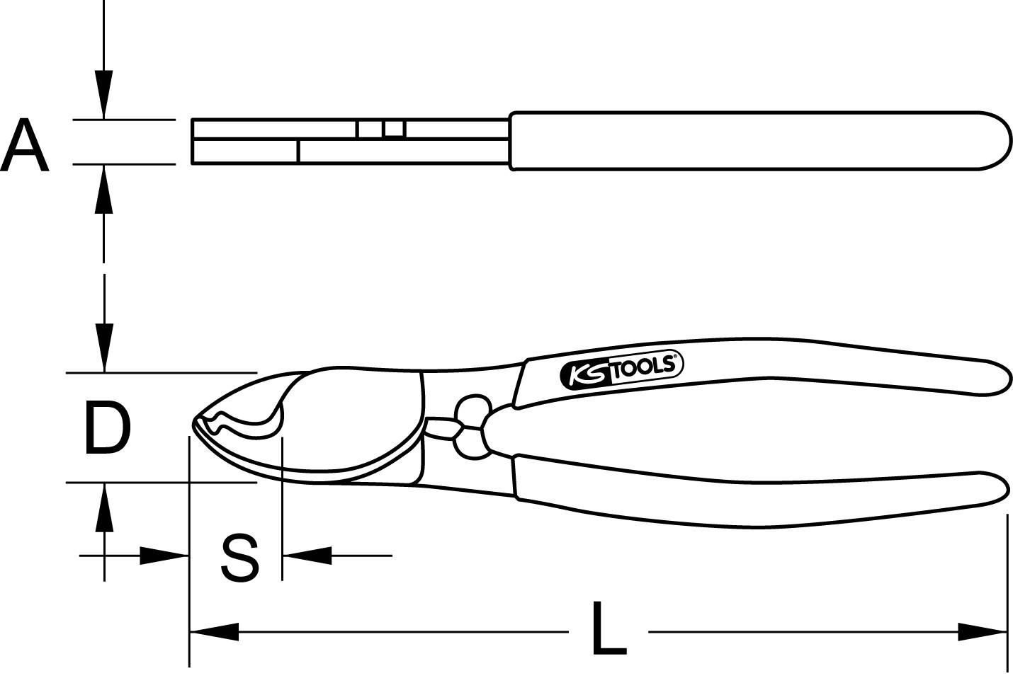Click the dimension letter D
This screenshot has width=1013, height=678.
click(107, 427)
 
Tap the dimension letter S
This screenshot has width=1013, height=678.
click(239, 558)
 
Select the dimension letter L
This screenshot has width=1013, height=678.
click(609, 629)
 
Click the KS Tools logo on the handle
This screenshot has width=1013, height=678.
click(621, 371)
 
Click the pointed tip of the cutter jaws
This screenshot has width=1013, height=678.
click(194, 425)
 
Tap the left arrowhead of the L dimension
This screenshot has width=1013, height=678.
click(213, 631)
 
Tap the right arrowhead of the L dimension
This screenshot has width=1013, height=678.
click(983, 631)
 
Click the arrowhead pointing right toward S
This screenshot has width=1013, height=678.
click(165, 556)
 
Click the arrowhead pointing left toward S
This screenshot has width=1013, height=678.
click(306, 556)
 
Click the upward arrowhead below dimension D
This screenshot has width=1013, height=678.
click(104, 508)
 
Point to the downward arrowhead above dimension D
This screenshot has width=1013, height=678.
click(104, 347)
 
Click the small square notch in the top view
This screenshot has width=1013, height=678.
click(393, 129)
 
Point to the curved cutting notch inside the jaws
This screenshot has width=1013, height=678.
click(244, 427)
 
